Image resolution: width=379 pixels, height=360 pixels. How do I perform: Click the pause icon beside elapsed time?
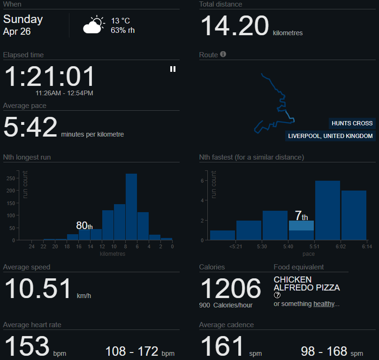(x=173, y=69)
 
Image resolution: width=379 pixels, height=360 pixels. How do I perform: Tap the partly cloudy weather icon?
(x=93, y=25)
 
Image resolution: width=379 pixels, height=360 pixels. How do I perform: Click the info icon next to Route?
(x=223, y=54)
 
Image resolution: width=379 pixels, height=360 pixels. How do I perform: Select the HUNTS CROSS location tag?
(x=352, y=123)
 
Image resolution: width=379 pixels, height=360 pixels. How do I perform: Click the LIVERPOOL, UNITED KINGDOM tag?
(x=331, y=136)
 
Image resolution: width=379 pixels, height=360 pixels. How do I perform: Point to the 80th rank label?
(x=84, y=226)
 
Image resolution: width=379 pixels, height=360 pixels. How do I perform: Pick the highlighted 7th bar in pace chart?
(x=301, y=226)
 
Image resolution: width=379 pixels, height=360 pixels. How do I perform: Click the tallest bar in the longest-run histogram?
(x=131, y=207)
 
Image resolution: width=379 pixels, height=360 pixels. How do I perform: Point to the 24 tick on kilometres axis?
(x=31, y=247)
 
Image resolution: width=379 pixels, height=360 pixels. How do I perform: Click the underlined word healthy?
(x=324, y=304)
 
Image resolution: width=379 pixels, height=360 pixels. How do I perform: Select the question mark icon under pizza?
(x=277, y=295)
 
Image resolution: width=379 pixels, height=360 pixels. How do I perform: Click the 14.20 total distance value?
(x=235, y=26)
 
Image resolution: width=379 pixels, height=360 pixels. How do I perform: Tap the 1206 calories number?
(x=230, y=288)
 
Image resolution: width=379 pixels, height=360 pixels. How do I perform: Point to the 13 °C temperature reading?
(x=121, y=21)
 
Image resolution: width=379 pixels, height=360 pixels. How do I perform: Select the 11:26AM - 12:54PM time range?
(x=64, y=93)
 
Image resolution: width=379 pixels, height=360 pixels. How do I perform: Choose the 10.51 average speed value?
(x=38, y=289)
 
